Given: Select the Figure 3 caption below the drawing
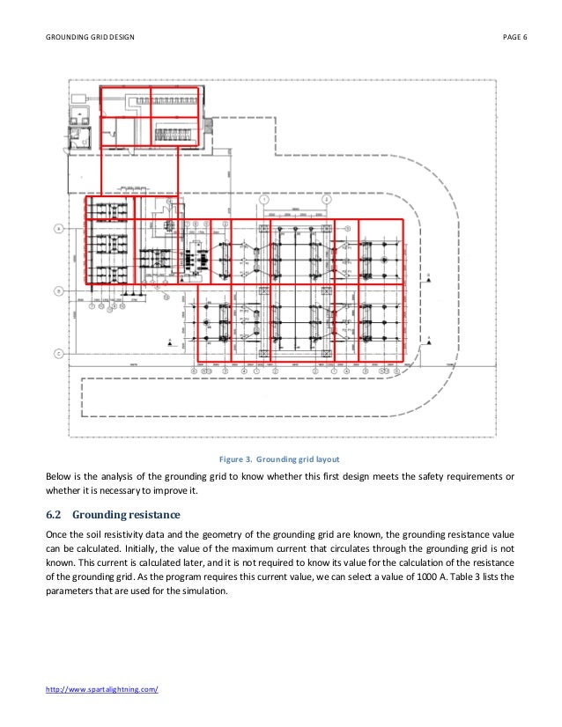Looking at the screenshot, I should tap(281, 459).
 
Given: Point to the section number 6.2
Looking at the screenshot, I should tap(53, 515).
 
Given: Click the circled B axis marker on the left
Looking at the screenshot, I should tap(59, 290).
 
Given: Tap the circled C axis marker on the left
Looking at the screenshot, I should tap(59, 354).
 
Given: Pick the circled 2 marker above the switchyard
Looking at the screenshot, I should tap(326, 200).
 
